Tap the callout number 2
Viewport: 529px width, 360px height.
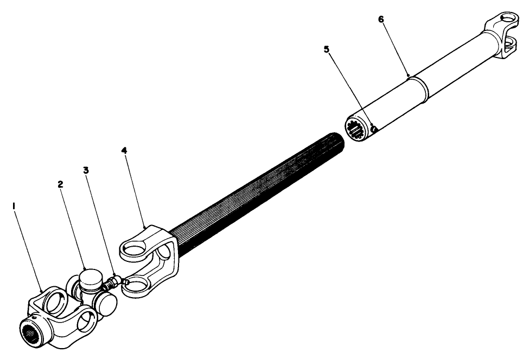[x=60, y=184]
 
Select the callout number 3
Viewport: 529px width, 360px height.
[x=86, y=170]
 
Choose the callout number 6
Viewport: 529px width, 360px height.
[x=380, y=19]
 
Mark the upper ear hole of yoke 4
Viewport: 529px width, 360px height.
[x=133, y=249]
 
